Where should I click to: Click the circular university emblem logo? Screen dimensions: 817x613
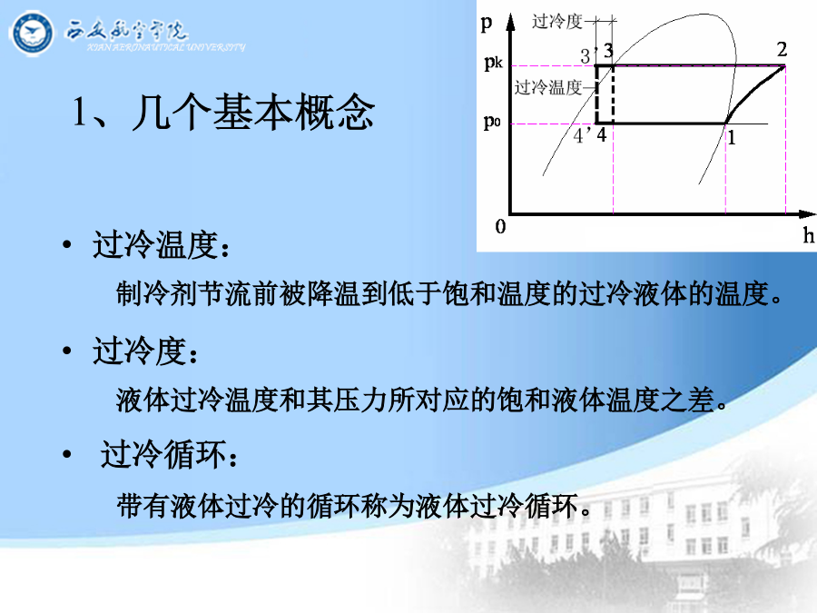click(x=32, y=34)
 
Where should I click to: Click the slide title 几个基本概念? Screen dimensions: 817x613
click(x=252, y=112)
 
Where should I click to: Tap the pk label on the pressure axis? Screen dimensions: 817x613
click(x=493, y=63)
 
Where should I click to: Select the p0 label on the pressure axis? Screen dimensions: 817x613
click(x=492, y=122)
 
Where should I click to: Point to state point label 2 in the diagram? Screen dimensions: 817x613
click(x=782, y=50)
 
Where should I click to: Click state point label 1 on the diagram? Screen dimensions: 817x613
click(x=732, y=138)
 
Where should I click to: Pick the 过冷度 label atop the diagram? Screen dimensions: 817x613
click(x=557, y=22)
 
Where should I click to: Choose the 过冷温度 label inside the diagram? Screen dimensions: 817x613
click(x=548, y=87)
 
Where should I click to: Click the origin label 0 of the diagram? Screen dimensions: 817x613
click(x=500, y=226)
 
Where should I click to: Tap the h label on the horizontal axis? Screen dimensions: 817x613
click(x=808, y=235)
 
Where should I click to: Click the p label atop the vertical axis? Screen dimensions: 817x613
click(x=487, y=23)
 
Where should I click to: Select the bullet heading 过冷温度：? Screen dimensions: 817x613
click(x=161, y=244)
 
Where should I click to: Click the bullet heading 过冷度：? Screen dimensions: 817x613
click(x=145, y=351)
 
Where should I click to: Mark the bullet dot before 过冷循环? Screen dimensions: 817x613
click(x=66, y=455)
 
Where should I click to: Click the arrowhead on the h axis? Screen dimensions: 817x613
click(x=807, y=213)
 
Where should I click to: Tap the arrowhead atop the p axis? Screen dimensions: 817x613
click(x=511, y=22)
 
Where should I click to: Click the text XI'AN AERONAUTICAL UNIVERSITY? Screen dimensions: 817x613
click(x=166, y=47)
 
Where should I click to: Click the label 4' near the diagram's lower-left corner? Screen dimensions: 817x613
click(x=582, y=135)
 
